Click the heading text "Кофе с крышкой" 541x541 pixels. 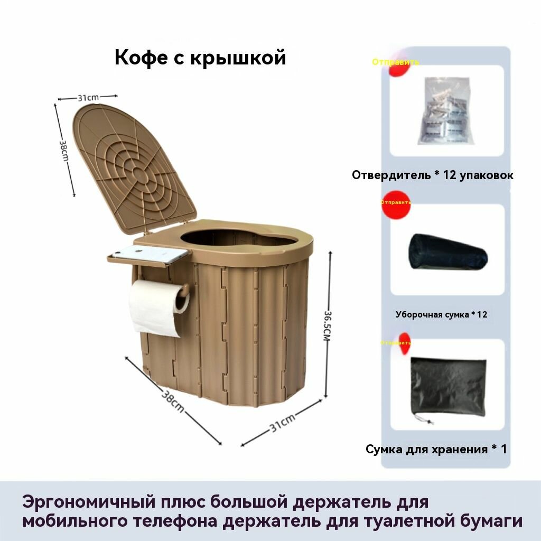pos(200,58)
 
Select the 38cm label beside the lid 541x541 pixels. pos(64,151)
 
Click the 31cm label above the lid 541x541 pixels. pos(88,97)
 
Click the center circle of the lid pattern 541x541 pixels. pos(139,172)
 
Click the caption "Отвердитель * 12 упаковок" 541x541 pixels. pos(433,175)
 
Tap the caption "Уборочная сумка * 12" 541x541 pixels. pos(442,314)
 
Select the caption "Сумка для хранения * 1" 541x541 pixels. pos(436,449)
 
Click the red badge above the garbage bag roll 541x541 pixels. pos(395,207)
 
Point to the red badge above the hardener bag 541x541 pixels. pos(397,68)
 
